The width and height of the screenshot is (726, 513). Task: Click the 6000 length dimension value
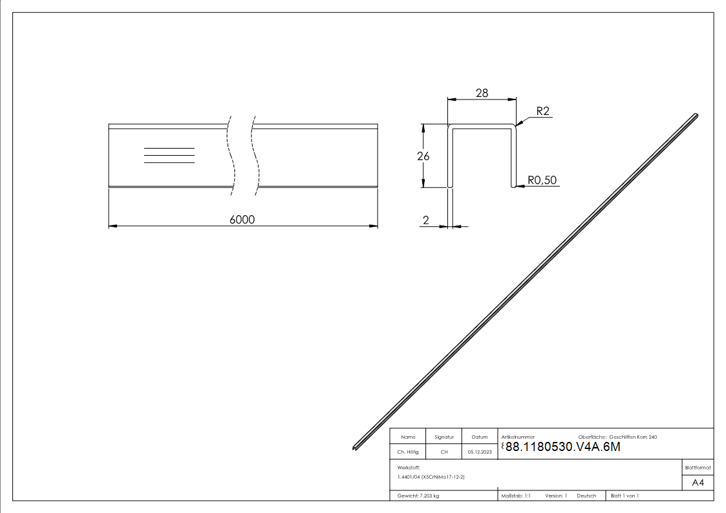(242, 219)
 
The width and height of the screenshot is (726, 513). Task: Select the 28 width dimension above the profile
(482, 93)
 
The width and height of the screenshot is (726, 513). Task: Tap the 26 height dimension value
(423, 156)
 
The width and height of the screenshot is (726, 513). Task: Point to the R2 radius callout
(542, 111)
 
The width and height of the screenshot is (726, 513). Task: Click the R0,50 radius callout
(542, 180)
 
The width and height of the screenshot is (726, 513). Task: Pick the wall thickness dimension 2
(426, 220)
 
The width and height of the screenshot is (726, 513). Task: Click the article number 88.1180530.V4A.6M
(562, 447)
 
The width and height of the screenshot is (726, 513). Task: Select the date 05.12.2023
(480, 452)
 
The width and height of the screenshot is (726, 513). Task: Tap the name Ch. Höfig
(408, 452)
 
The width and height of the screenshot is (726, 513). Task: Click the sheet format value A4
(698, 483)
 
